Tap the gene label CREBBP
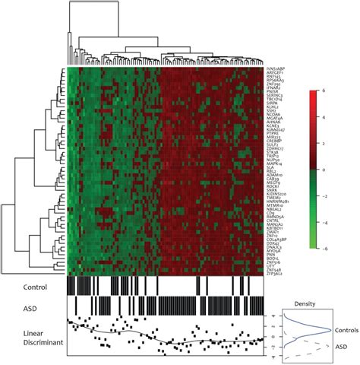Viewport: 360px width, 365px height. [273, 142]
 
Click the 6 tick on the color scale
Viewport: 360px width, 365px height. [325, 90]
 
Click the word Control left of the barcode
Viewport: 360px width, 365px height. [36, 287]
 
